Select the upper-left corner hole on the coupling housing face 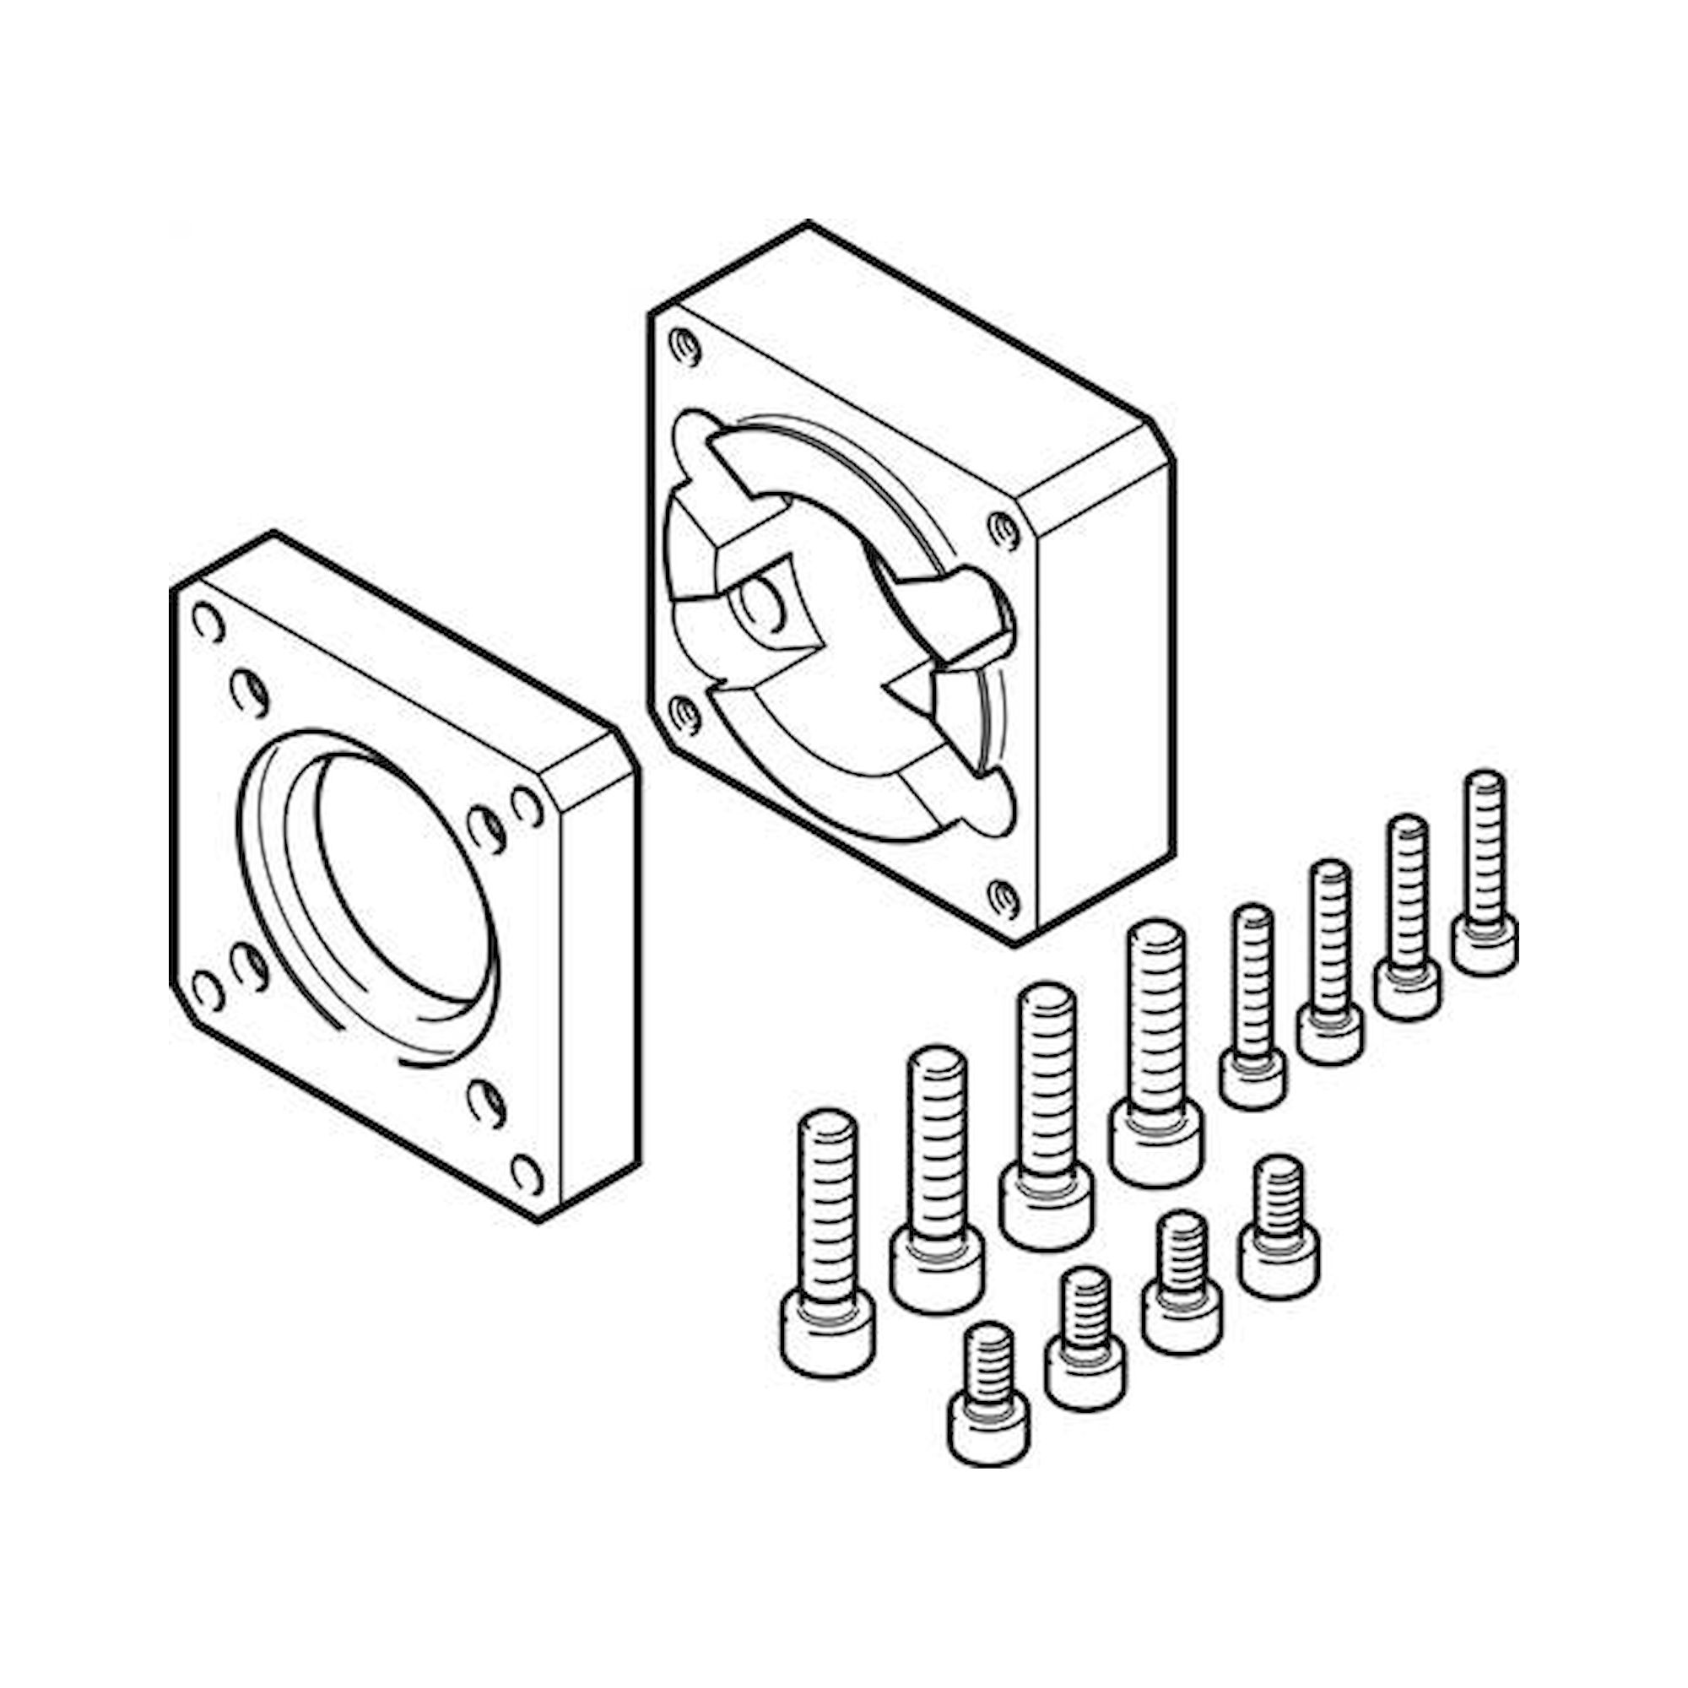point(684,348)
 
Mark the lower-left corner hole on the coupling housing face point(684,715)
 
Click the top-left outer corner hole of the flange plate point(206,623)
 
